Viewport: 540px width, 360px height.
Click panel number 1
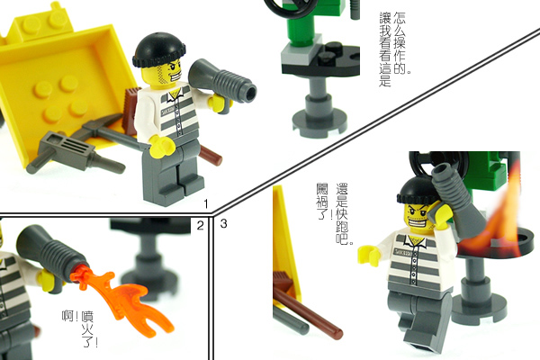point(207,204)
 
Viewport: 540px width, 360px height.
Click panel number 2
point(201,224)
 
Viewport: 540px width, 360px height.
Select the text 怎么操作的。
point(401,40)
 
